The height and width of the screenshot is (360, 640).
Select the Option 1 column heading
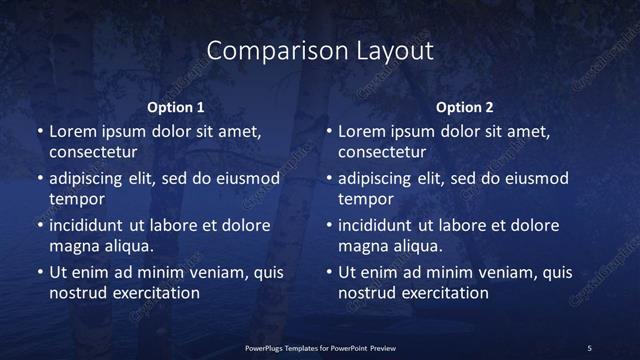(176, 107)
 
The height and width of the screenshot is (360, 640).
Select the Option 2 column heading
(465, 107)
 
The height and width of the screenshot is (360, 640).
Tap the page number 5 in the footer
(589, 347)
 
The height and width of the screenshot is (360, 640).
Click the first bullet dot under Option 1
(39, 132)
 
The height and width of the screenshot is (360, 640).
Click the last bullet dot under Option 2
(329, 273)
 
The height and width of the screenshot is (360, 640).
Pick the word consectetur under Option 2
(382, 152)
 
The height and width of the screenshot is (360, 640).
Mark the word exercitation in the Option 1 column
(154, 293)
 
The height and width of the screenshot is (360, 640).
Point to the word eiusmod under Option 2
(536, 179)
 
